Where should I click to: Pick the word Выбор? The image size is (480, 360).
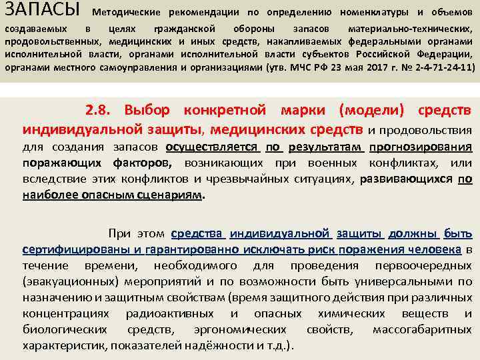point(147,109)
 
